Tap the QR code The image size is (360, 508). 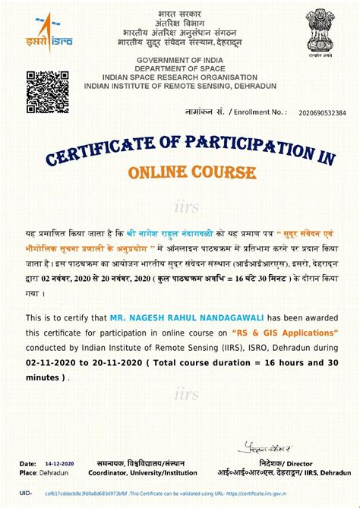tap(44, 91)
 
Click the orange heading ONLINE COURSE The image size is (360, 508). tap(191, 172)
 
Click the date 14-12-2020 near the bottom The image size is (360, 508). tap(59, 463)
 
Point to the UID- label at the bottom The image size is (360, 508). tap(25, 493)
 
